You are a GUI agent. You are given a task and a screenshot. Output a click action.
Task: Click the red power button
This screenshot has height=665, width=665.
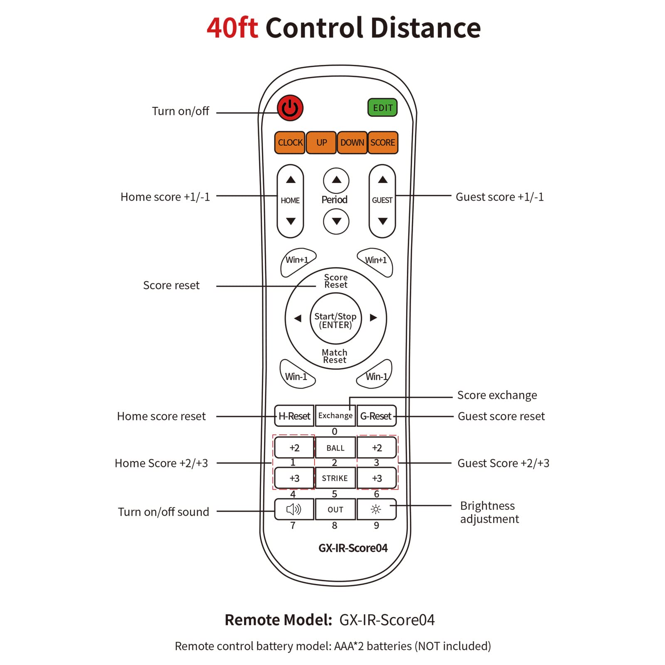pyautogui.click(x=290, y=108)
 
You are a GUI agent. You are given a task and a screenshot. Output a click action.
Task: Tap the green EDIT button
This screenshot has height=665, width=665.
pyautogui.click(x=382, y=108)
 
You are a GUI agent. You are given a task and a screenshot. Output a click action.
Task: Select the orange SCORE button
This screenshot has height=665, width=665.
pyautogui.click(x=383, y=143)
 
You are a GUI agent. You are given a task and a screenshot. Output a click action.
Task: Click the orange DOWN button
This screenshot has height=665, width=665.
pyautogui.click(x=352, y=143)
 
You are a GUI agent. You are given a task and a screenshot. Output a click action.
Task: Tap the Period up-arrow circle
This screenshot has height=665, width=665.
pyautogui.click(x=336, y=180)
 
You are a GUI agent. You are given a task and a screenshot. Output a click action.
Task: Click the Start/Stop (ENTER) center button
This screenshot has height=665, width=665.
pyautogui.click(x=335, y=320)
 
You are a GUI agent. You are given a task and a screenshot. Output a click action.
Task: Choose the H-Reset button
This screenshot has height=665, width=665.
pyautogui.click(x=294, y=416)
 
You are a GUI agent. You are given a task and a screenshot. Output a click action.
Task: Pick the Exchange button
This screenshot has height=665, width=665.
pyautogui.click(x=335, y=416)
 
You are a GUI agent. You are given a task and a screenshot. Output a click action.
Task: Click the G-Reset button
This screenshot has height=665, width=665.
pyautogui.click(x=376, y=416)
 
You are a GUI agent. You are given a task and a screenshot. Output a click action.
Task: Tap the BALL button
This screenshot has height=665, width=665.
pyautogui.click(x=335, y=448)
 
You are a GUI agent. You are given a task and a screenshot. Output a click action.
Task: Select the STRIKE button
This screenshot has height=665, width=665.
pyautogui.click(x=335, y=478)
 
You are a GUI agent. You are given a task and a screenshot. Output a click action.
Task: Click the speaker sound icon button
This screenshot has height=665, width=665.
pyautogui.click(x=294, y=509)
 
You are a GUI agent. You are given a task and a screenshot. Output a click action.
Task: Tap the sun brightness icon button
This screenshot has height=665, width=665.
pyautogui.click(x=376, y=509)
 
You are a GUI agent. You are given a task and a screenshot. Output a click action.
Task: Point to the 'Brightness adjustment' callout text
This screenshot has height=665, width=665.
pyautogui.click(x=489, y=512)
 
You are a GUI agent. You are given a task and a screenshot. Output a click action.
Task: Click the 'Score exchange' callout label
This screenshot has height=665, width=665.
pyautogui.click(x=497, y=395)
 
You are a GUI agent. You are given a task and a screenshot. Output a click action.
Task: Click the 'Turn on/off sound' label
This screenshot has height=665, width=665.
pyautogui.click(x=163, y=512)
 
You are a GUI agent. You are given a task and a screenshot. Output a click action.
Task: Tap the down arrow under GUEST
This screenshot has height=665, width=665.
pyautogui.click(x=383, y=221)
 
